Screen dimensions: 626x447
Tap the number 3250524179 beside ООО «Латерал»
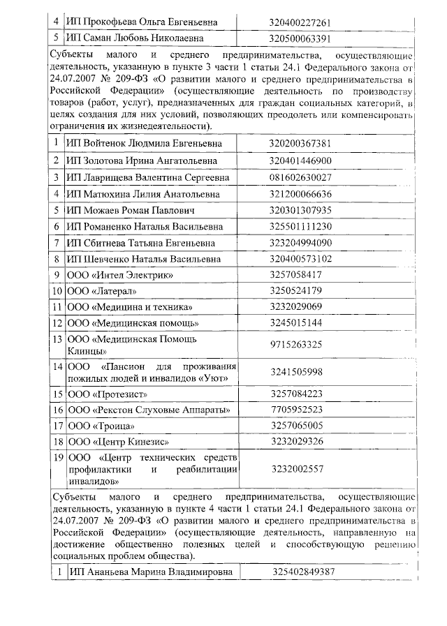(x=295, y=291)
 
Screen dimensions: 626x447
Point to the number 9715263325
(x=295, y=345)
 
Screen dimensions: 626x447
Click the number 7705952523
(x=295, y=410)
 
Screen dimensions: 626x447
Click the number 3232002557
(x=295, y=469)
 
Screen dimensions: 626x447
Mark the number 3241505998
(x=295, y=372)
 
